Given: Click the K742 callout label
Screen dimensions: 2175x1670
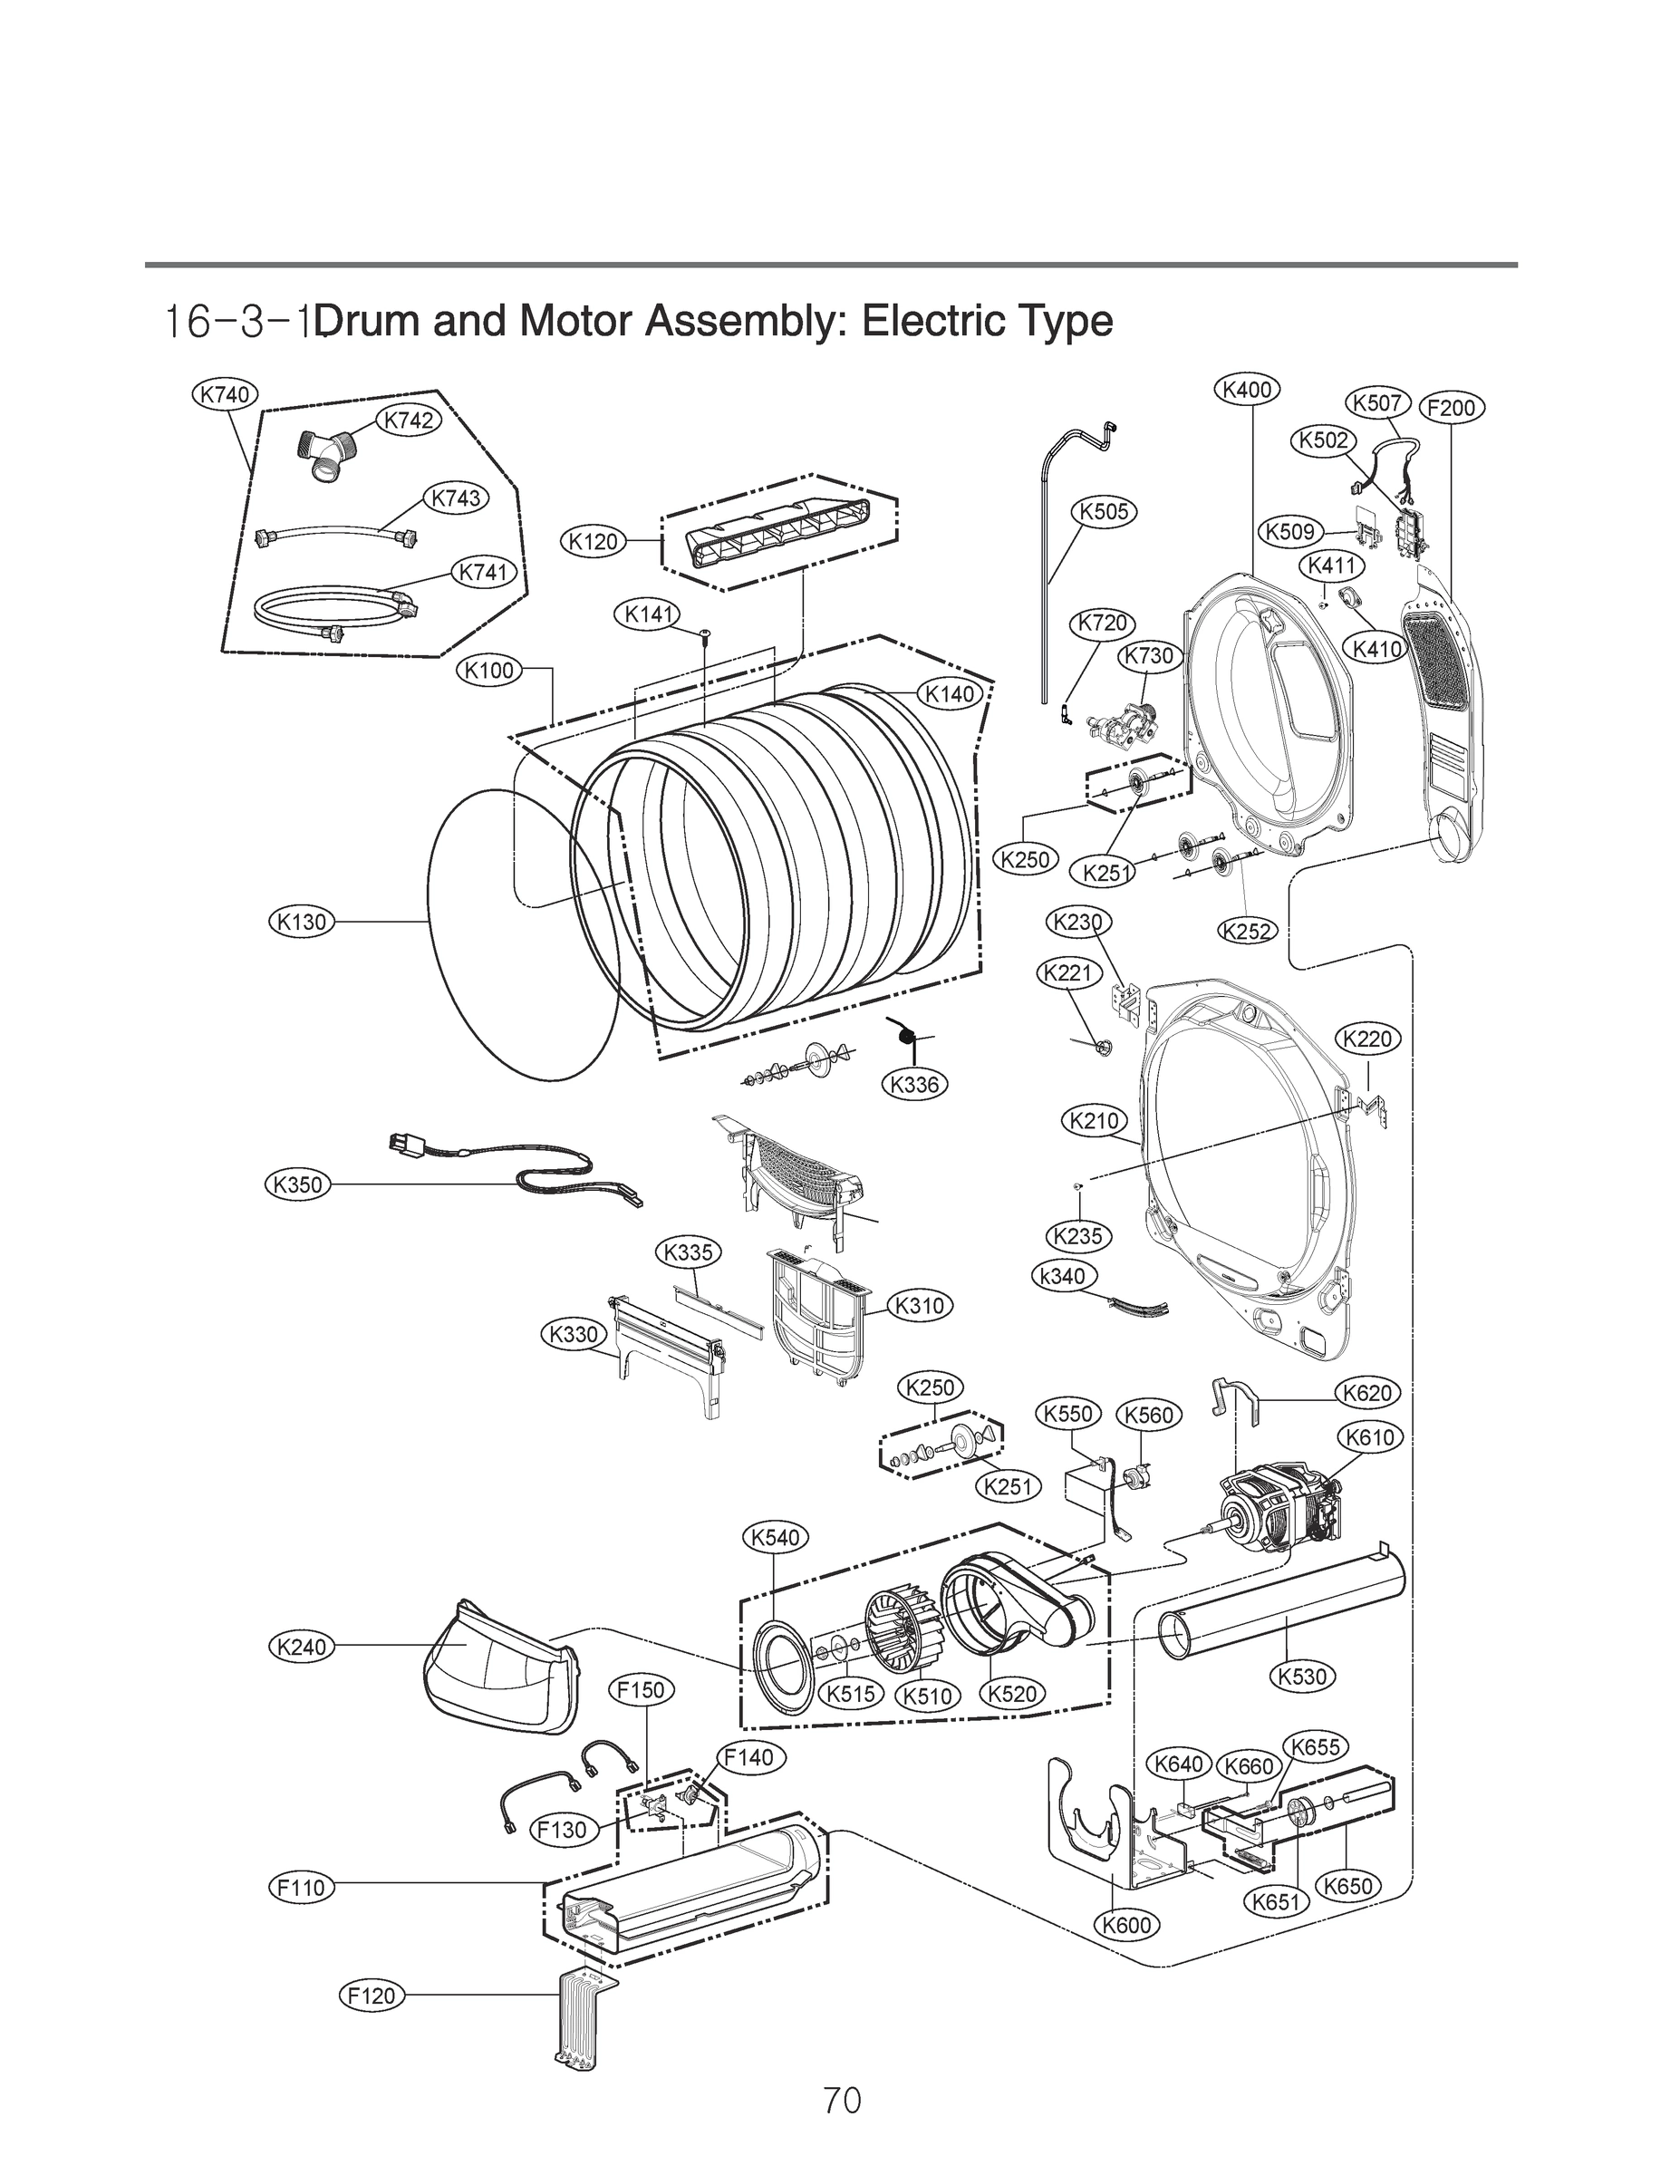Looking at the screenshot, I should (x=409, y=420).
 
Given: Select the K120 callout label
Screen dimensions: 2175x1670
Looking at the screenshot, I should (x=594, y=542).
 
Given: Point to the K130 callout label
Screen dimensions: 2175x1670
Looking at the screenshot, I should (x=301, y=922).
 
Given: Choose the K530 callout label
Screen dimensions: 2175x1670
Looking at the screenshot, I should (x=1302, y=1676).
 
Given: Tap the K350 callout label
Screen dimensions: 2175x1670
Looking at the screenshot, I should (x=298, y=1184).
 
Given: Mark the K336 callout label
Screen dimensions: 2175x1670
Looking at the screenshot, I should (x=914, y=1084).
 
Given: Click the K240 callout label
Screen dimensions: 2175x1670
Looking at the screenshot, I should (x=301, y=1648).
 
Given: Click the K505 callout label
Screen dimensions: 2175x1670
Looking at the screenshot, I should (x=1104, y=512).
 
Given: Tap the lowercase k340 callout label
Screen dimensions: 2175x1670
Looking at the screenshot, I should (x=1063, y=1276).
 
